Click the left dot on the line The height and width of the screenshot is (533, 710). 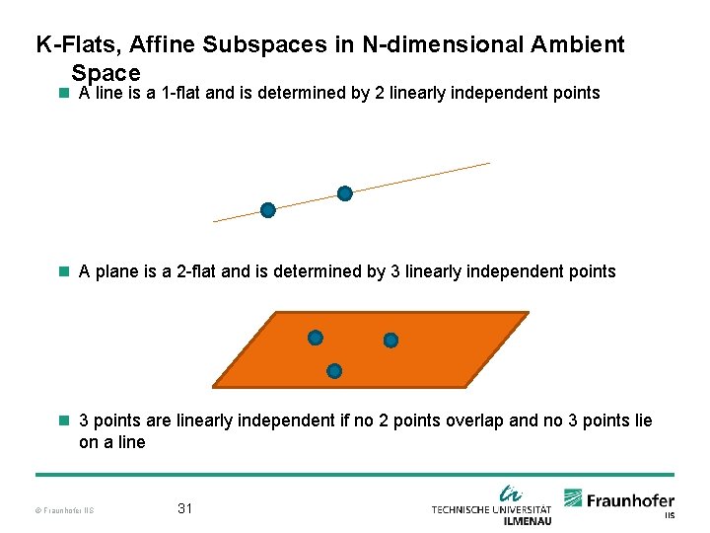(x=267, y=209)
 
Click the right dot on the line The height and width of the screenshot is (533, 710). (x=344, y=193)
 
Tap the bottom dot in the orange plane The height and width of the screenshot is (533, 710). (x=334, y=371)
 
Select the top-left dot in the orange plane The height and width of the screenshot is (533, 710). (x=315, y=338)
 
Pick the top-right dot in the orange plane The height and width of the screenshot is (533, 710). (x=390, y=341)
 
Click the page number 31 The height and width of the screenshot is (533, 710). (x=184, y=508)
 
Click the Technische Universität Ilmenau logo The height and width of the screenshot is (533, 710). (x=492, y=504)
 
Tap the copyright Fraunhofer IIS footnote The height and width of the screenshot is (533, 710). (x=63, y=510)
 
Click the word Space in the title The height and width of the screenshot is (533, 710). (x=106, y=73)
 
